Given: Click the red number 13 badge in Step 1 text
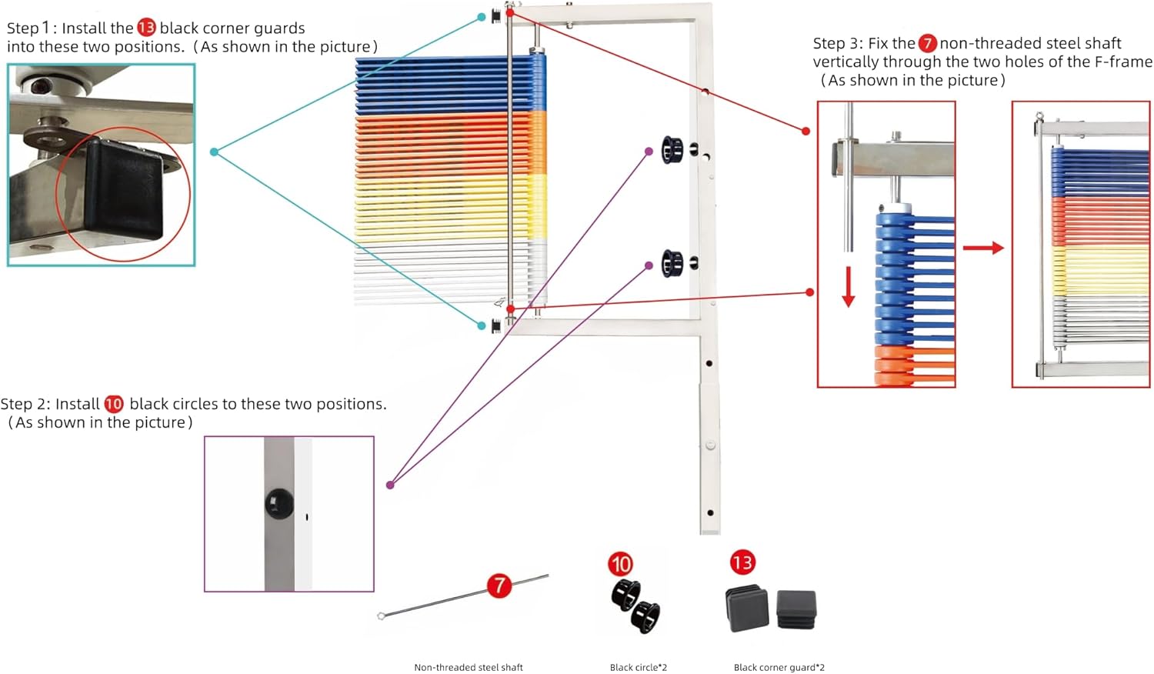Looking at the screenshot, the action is click(x=146, y=27).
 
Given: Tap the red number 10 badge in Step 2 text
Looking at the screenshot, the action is click(x=114, y=404).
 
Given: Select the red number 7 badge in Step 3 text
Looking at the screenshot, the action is click(x=927, y=43).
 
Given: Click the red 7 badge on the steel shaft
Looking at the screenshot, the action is click(x=499, y=586).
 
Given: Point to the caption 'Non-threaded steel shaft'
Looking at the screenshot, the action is click(x=469, y=667).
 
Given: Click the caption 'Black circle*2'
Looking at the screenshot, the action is click(x=639, y=667).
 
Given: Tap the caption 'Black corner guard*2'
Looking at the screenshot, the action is click(x=779, y=667).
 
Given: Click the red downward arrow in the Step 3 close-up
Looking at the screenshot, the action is click(x=848, y=286).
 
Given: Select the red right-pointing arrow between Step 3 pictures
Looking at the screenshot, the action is click(x=983, y=248).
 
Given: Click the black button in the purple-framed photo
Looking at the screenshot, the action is click(x=279, y=503).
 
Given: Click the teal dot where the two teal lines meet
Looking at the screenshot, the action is click(x=215, y=152).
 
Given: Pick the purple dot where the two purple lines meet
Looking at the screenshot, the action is click(x=390, y=485).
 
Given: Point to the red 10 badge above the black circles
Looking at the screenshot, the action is click(x=620, y=564).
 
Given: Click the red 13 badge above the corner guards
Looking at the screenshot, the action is click(x=742, y=562).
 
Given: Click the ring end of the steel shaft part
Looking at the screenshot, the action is click(x=382, y=616).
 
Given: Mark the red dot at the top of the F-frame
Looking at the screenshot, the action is click(x=509, y=12).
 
